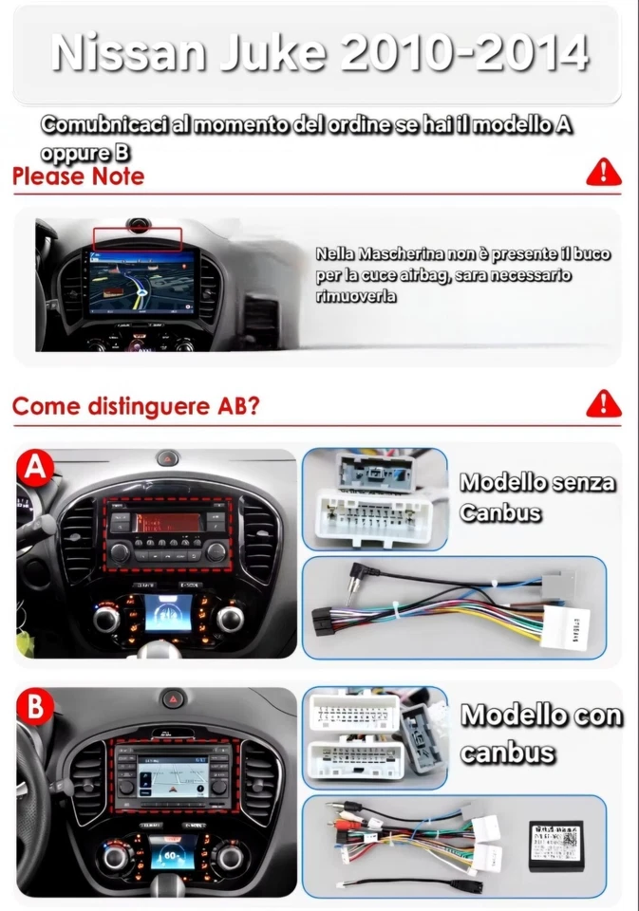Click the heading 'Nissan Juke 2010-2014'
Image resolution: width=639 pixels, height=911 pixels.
click(319, 54)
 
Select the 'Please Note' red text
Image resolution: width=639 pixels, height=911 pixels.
click(79, 177)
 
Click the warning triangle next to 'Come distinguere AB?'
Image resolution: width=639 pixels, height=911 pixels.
click(603, 404)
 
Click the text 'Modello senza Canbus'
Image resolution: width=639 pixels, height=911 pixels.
click(536, 497)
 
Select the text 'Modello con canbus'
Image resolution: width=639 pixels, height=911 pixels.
click(540, 734)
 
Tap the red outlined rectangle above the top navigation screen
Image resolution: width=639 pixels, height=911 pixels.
click(137, 237)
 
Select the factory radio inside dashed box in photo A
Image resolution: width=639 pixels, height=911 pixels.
click(167, 537)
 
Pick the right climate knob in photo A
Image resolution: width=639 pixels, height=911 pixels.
click(229, 621)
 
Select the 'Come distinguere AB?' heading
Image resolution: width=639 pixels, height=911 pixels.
click(136, 406)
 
